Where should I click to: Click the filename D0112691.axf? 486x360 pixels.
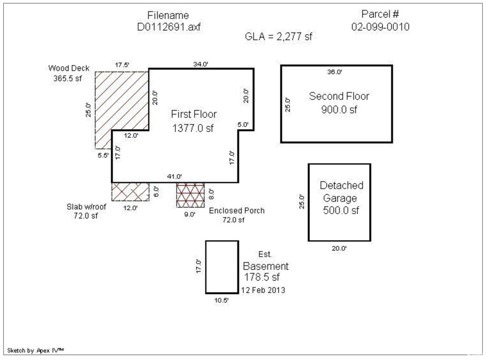point(168,27)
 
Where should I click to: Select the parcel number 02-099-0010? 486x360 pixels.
point(380,27)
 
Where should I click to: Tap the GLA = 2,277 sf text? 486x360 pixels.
point(278,37)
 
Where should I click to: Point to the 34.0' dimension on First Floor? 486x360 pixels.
point(201,64)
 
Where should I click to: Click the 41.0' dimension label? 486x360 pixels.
point(175,176)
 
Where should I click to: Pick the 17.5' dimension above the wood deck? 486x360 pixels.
point(122,65)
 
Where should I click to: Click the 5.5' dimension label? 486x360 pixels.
point(103,155)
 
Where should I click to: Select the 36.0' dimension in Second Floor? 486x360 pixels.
point(335,72)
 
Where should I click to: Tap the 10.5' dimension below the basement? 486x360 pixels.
point(222,300)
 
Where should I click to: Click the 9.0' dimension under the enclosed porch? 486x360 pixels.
point(190,214)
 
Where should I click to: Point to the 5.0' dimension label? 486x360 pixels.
point(243,124)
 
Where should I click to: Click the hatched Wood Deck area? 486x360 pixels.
point(121,102)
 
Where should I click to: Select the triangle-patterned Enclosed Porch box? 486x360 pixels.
point(190,195)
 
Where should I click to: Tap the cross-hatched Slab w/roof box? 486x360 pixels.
point(131,191)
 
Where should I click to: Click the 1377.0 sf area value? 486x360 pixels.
point(193,128)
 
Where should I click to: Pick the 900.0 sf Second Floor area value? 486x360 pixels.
point(339,109)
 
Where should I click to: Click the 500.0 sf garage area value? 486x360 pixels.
point(341,210)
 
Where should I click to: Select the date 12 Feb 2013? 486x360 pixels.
point(263,290)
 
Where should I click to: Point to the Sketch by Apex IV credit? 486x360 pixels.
point(35,351)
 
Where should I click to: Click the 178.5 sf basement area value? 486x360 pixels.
point(262,277)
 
